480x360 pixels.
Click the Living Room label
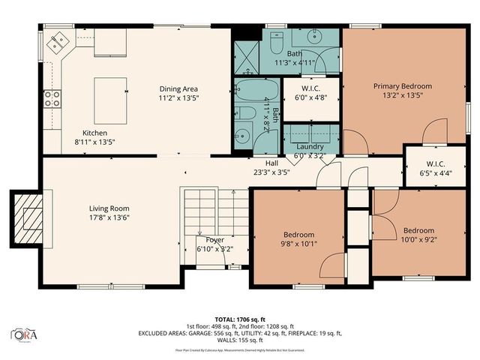point(109,208)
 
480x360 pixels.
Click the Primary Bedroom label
point(403,86)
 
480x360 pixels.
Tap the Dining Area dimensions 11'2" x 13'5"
point(178,97)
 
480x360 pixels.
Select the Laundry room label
point(310,146)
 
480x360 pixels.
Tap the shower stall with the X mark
point(245,54)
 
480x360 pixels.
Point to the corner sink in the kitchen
point(56,43)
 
